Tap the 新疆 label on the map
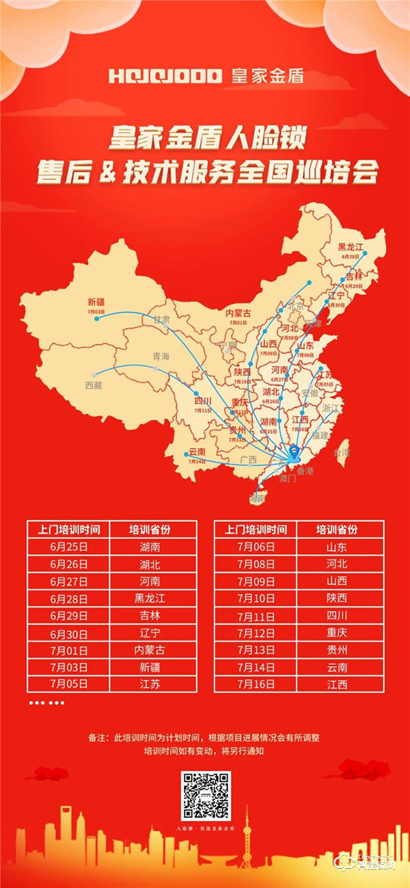97,302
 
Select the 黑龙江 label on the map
351,247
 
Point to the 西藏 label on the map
93,385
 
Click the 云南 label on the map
197,452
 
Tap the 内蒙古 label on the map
238,313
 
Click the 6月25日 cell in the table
68,547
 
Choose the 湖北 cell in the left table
153,564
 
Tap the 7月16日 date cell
256,683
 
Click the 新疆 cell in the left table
153,666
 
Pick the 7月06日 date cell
256,547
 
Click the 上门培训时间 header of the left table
68,530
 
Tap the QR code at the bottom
206,796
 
